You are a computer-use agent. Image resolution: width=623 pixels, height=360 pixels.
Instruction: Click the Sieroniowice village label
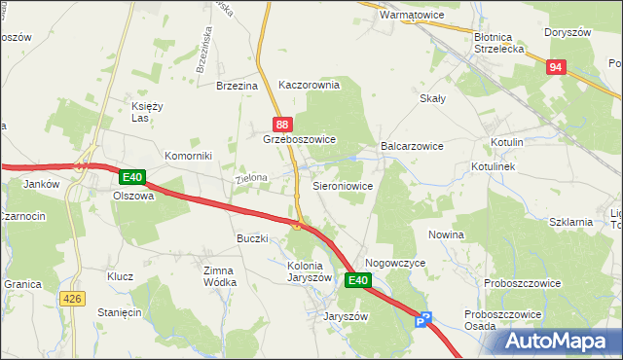tap(342, 185)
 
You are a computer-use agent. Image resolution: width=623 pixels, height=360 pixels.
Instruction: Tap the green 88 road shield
tap(281, 125)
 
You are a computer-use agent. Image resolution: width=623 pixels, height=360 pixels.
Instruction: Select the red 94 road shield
tap(555, 66)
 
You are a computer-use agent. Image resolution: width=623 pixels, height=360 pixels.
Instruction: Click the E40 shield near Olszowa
tap(133, 178)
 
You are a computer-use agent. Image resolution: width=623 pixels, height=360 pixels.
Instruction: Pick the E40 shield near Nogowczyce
tap(358, 281)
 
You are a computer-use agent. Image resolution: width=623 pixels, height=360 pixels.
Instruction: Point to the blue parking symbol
tap(422, 320)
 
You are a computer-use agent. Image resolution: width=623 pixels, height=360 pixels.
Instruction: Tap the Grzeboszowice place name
tap(299, 140)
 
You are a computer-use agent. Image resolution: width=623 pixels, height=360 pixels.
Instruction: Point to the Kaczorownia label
tap(309, 85)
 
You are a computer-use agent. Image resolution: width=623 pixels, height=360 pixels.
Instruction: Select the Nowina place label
tap(446, 235)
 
